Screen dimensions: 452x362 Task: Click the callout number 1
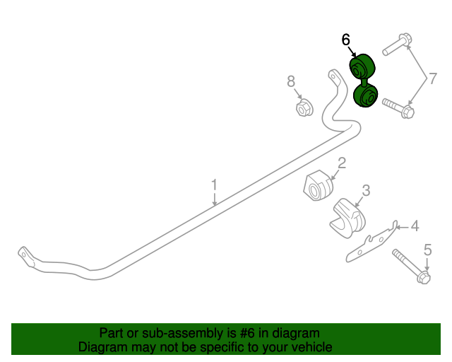[214, 185]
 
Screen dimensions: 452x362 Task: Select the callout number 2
[342, 163]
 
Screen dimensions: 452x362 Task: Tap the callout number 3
[366, 190]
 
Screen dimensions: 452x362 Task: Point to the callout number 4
[415, 226]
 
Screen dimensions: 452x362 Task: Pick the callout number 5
[427, 250]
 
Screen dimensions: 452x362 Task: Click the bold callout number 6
[345, 40]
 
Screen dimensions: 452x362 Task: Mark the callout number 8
[291, 81]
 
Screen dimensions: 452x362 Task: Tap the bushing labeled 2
[319, 185]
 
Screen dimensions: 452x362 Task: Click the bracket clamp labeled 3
[347, 218]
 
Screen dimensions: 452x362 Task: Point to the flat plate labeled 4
[371, 242]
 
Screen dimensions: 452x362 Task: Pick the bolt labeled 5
[411, 267]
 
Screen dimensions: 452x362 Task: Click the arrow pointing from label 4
[403, 227]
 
